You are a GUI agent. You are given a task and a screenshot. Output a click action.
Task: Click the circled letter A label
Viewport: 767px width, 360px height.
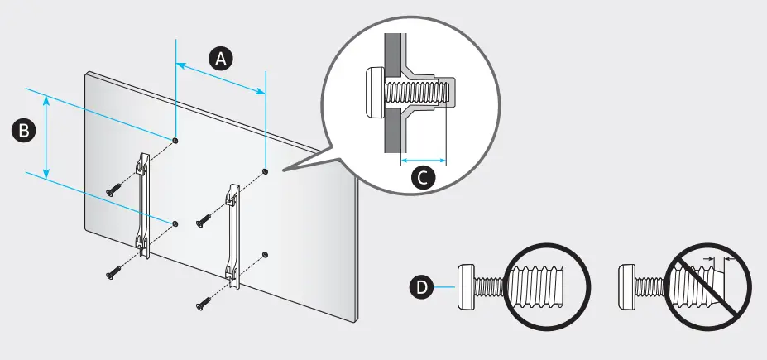pyautogui.click(x=219, y=59)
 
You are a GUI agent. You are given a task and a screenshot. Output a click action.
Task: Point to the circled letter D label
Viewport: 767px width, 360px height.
pyautogui.click(x=421, y=287)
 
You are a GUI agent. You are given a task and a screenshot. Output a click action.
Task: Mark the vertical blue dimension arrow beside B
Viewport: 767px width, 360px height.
pyautogui.click(x=46, y=136)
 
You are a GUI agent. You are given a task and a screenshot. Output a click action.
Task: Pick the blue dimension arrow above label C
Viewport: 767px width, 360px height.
pyautogui.click(x=423, y=158)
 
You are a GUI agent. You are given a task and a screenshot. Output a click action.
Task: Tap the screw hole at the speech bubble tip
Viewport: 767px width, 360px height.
pyautogui.click(x=265, y=172)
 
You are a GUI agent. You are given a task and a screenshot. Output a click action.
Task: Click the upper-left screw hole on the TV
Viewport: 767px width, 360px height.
pyautogui.click(x=177, y=141)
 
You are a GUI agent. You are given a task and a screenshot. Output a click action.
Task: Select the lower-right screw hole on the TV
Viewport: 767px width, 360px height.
pyautogui.click(x=264, y=253)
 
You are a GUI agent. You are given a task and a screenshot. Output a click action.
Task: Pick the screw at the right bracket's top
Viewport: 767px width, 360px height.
pyautogui.click(x=202, y=221)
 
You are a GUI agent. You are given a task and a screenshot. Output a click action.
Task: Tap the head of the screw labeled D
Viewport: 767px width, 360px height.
pyautogui.click(x=467, y=286)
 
